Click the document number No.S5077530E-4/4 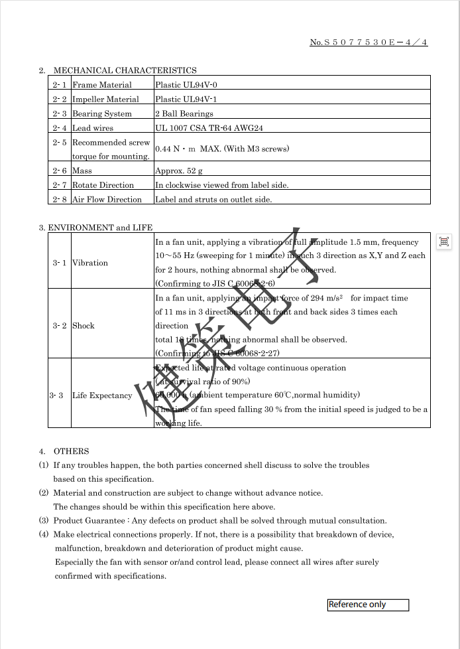coord(369,42)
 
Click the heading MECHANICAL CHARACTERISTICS coord(125,70)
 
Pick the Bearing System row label coord(102,114)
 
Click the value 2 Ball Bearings coord(184,114)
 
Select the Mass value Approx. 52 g coord(179,171)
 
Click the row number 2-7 coord(60,185)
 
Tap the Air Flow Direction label coord(107,200)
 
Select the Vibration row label coord(89,263)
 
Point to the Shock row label coord(84,326)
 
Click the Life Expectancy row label coord(102,396)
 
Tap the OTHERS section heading coord(71,451)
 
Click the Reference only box coord(368,605)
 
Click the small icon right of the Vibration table coord(444,242)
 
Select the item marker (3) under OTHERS coord(44,521)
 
